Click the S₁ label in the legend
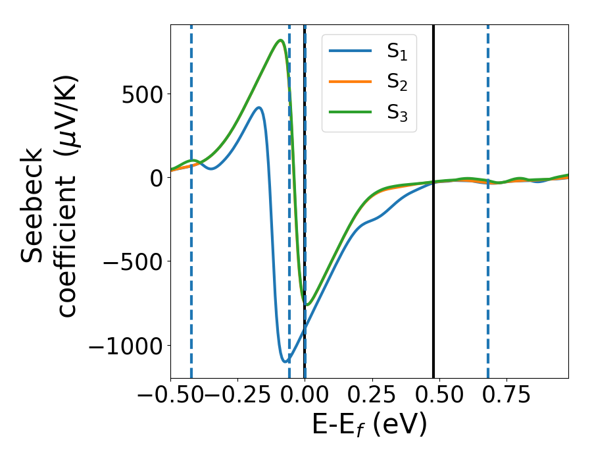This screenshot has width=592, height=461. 397,51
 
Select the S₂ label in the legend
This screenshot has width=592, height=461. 397,83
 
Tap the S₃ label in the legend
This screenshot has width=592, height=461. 397,115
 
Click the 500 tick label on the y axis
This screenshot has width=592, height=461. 141,94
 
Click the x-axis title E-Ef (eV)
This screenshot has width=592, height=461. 369,425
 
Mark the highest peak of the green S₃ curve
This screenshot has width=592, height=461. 281,41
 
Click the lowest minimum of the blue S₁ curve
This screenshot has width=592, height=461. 285,362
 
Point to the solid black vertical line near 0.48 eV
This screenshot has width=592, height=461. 433,263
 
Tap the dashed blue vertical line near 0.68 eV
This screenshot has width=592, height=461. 488,263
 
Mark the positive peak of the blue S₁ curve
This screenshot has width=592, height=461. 259,107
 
